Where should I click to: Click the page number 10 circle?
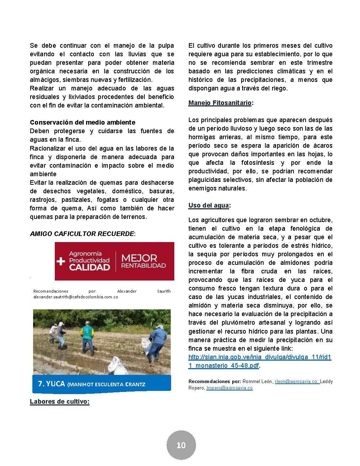click(181, 445)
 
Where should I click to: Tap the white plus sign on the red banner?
click(61, 261)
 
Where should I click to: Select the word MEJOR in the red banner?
click(139, 258)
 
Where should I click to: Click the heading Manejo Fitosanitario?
click(220, 103)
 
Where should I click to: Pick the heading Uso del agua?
click(208, 205)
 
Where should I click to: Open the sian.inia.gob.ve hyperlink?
click(260, 361)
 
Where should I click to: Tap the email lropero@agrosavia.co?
click(229, 388)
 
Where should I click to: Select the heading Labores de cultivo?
click(59, 402)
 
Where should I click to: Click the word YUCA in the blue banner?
click(56, 384)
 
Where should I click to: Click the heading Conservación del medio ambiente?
click(83, 122)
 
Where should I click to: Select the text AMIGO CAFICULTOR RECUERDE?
click(82, 234)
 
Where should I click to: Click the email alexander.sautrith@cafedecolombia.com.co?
click(76, 297)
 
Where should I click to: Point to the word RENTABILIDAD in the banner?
click(143, 266)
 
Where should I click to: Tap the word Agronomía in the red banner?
click(85, 254)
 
